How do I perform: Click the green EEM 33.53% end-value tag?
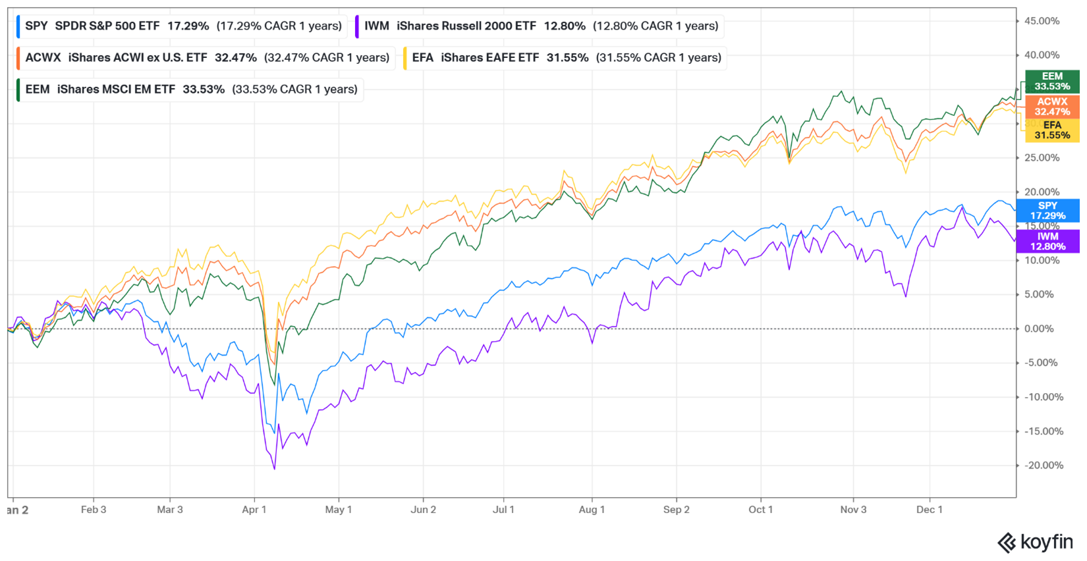pyautogui.click(x=1052, y=82)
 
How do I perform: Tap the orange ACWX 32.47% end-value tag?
pyautogui.click(x=1052, y=107)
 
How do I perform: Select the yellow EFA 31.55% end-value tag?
pyautogui.click(x=1052, y=130)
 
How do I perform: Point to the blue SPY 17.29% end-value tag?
pyautogui.click(x=1047, y=211)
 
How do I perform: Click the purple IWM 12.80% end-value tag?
pyautogui.click(x=1047, y=242)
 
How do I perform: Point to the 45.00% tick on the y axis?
pyautogui.click(x=1042, y=21)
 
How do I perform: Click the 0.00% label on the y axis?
pyautogui.click(x=1039, y=329)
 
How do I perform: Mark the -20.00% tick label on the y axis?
pyautogui.click(x=1044, y=466)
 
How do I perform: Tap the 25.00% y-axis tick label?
pyautogui.click(x=1042, y=158)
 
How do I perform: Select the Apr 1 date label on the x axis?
pyautogui.click(x=254, y=510)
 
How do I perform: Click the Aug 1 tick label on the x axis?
pyautogui.click(x=592, y=510)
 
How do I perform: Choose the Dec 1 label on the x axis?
pyautogui.click(x=929, y=510)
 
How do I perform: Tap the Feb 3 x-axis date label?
pyautogui.click(x=94, y=510)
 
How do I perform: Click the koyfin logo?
pyautogui.click(x=1035, y=543)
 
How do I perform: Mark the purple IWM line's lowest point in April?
pyautogui.click(x=274, y=469)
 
